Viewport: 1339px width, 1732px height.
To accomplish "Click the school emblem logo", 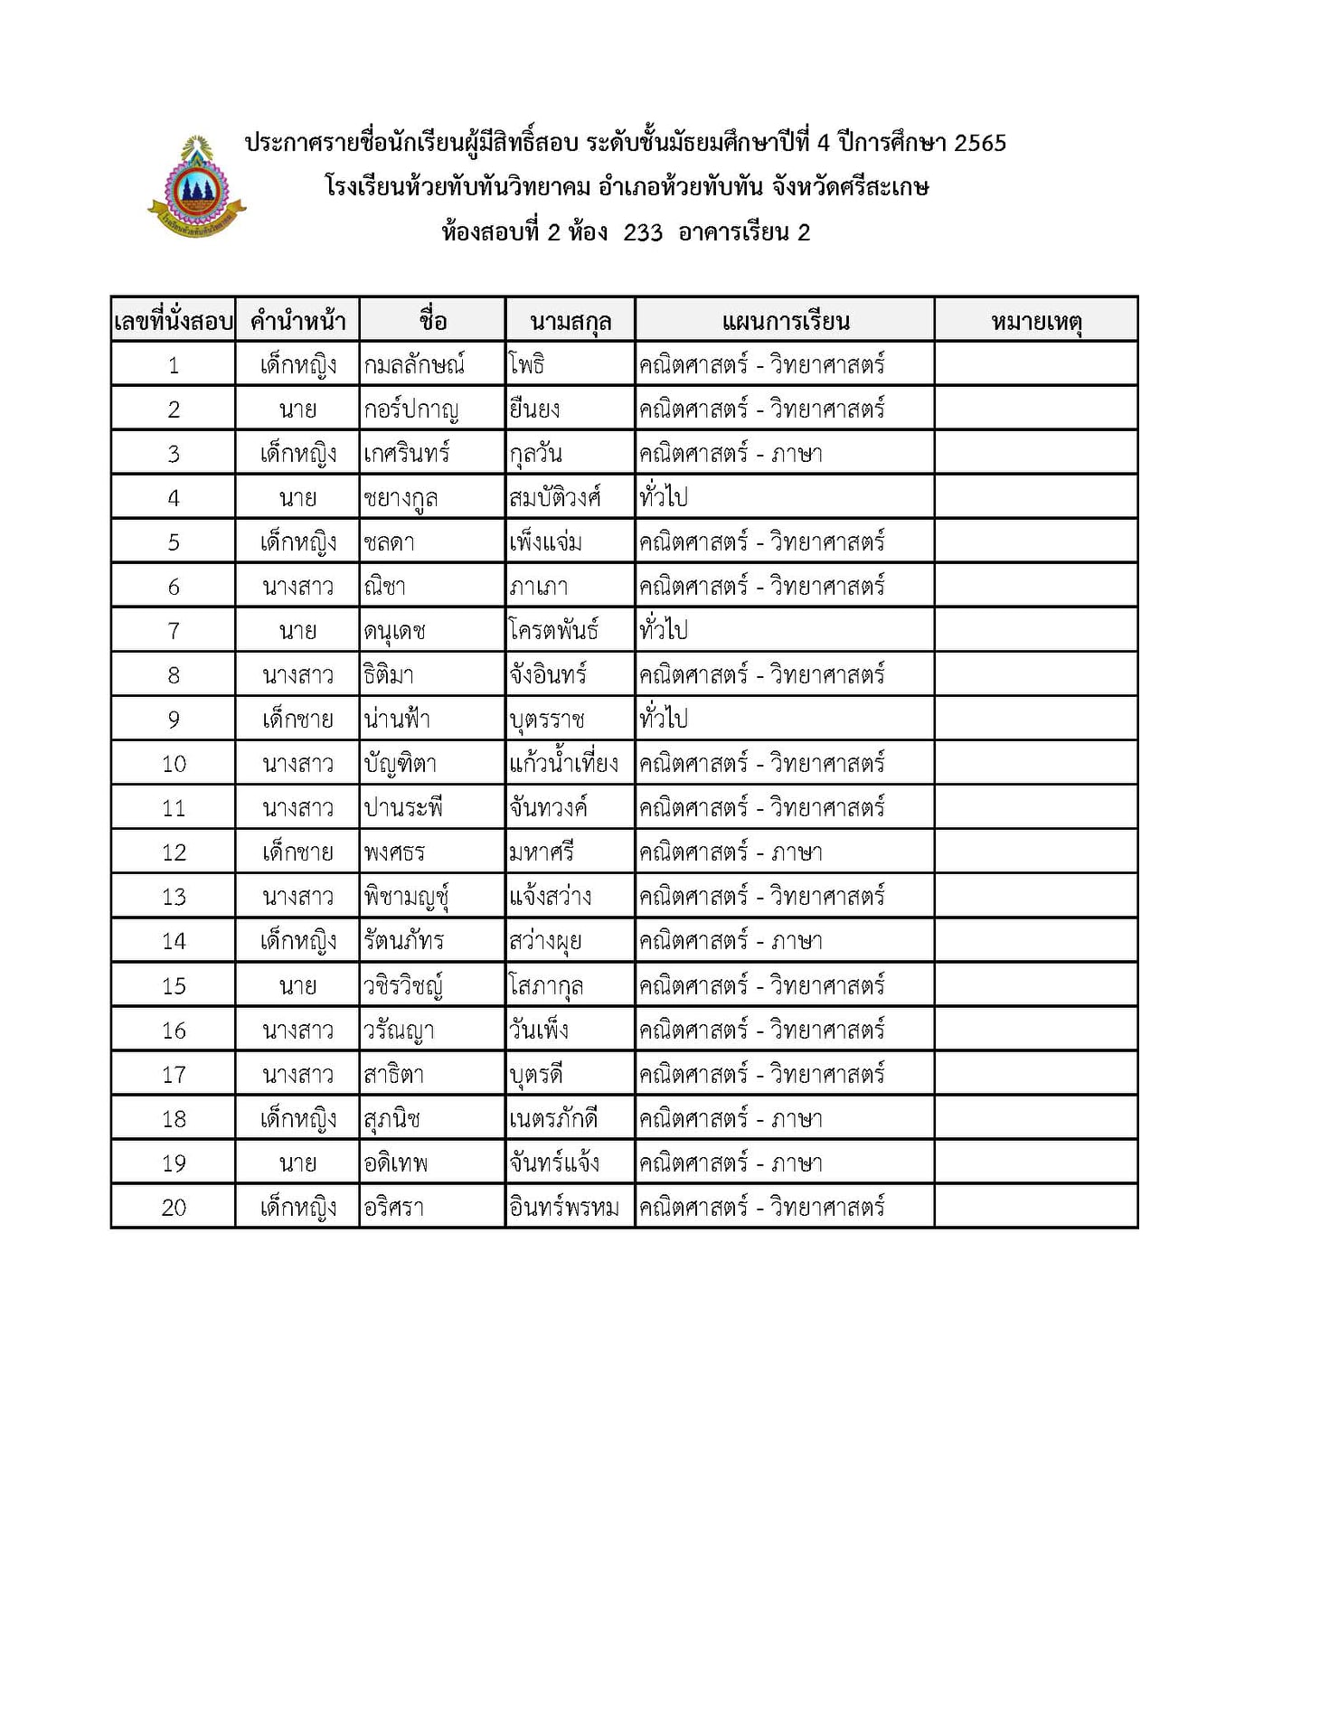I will tap(196, 188).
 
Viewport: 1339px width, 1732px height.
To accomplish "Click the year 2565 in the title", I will tap(980, 143).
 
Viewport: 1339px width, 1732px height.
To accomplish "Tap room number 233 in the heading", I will tap(643, 233).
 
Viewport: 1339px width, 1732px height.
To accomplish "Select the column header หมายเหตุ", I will tap(1036, 321).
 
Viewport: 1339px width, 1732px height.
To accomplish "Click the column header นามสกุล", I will tap(570, 321).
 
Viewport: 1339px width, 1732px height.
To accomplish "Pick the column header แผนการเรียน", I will tap(785, 321).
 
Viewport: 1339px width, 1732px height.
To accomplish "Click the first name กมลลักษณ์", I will tap(414, 364).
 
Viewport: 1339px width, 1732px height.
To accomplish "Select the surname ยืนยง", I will tap(534, 409).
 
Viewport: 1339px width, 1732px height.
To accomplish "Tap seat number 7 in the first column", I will tap(174, 630).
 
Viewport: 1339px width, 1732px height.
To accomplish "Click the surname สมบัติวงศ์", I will tap(554, 497).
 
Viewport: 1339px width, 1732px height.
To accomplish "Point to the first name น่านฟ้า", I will tap(397, 719).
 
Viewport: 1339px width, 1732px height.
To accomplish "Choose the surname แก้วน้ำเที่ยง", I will tap(563, 763).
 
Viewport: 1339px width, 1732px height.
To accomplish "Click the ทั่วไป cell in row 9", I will tap(664, 719).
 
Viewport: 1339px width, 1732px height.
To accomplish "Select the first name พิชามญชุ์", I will tap(406, 897).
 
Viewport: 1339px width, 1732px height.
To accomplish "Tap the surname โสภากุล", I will tap(546, 985).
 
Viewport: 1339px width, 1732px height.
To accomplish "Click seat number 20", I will tap(174, 1207).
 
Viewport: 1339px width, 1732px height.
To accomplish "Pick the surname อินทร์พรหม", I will tap(563, 1207).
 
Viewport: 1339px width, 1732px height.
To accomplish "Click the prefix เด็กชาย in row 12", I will tap(297, 852).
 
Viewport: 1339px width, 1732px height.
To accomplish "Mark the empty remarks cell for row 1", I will tap(1036, 364).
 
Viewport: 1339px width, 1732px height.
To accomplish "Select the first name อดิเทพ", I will tap(396, 1163).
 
